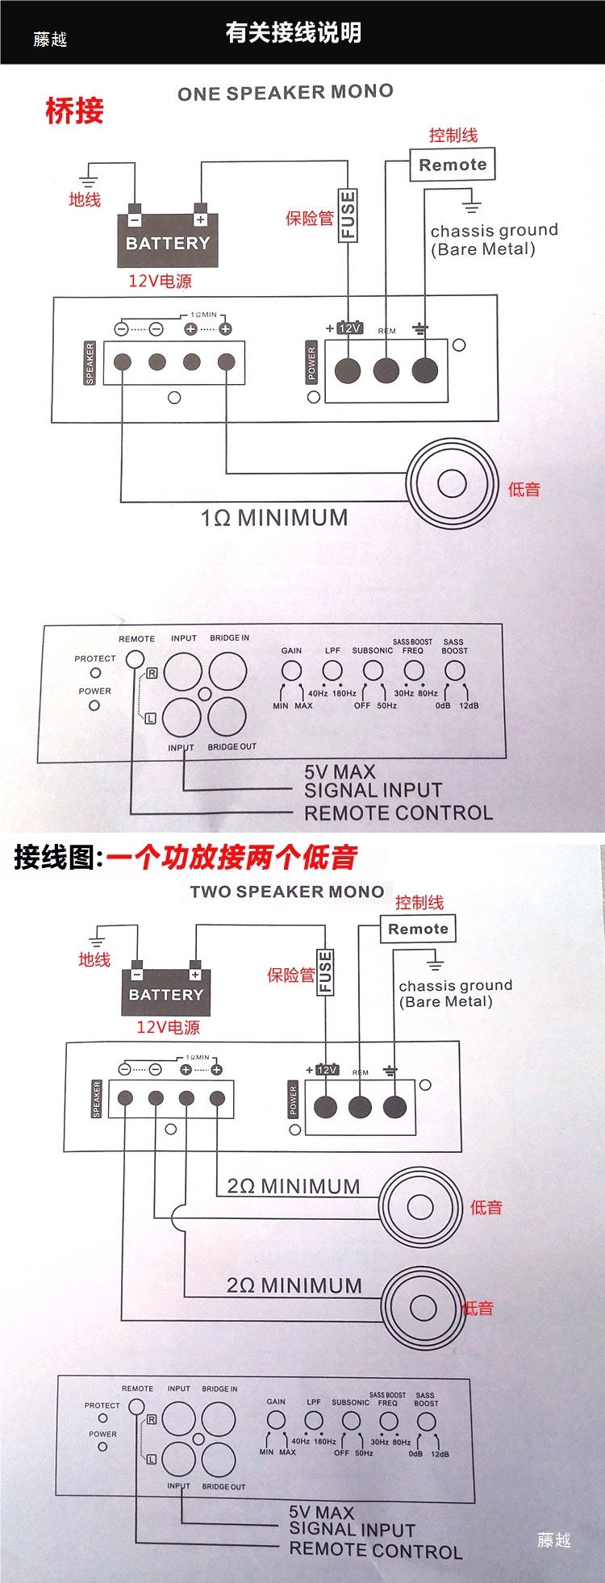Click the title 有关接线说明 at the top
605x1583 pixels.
pyautogui.click(x=293, y=32)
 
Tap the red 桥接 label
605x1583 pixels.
pyautogui.click(x=74, y=111)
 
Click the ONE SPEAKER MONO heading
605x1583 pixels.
pyautogui.click(x=286, y=93)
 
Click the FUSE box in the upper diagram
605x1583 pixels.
pyautogui.click(x=348, y=215)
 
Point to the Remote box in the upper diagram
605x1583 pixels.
pyautogui.click(x=453, y=165)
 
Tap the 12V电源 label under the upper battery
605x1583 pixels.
pyautogui.click(x=160, y=281)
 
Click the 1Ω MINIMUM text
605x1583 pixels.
pyautogui.click(x=274, y=517)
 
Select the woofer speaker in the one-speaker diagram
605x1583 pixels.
pyautogui.click(x=452, y=483)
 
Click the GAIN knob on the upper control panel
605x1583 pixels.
pyautogui.click(x=291, y=670)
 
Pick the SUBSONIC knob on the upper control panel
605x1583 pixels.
pyautogui.click(x=373, y=670)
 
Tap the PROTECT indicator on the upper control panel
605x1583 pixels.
pyautogui.click(x=95, y=673)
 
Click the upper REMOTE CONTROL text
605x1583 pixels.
pyautogui.click(x=398, y=813)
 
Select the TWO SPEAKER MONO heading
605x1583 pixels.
pyautogui.click(x=287, y=892)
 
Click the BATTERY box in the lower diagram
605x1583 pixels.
pyautogui.click(x=166, y=994)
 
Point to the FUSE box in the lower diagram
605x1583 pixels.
pyautogui.click(x=325, y=971)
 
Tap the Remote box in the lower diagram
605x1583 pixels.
pyautogui.click(x=418, y=929)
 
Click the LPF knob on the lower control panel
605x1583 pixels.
pyautogui.click(x=314, y=1420)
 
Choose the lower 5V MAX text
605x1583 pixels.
pyautogui.click(x=322, y=1513)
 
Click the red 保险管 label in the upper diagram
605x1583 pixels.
pyautogui.click(x=309, y=218)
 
